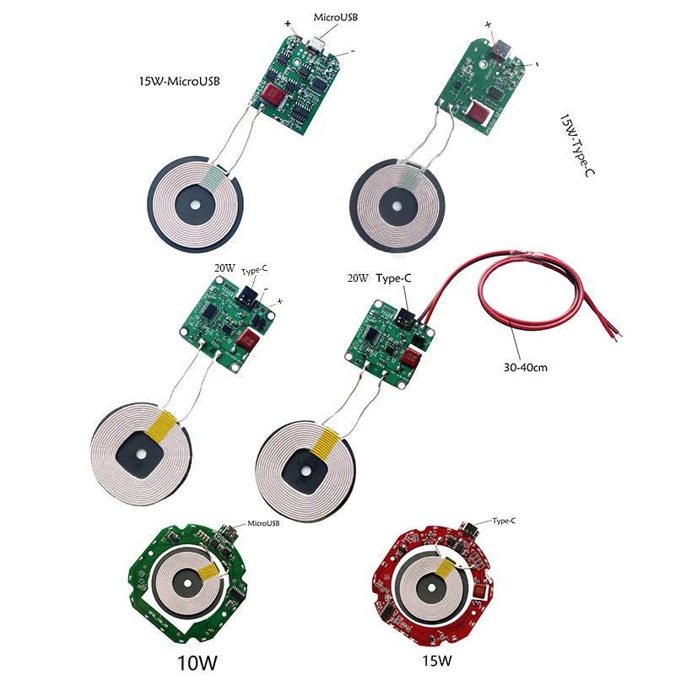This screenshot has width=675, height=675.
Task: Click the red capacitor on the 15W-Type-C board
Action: pos(480,110)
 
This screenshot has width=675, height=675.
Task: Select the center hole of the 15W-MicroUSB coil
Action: pos(196,203)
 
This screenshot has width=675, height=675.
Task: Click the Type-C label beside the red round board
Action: pos(503,521)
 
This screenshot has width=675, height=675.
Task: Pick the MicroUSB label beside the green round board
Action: pos(262,523)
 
